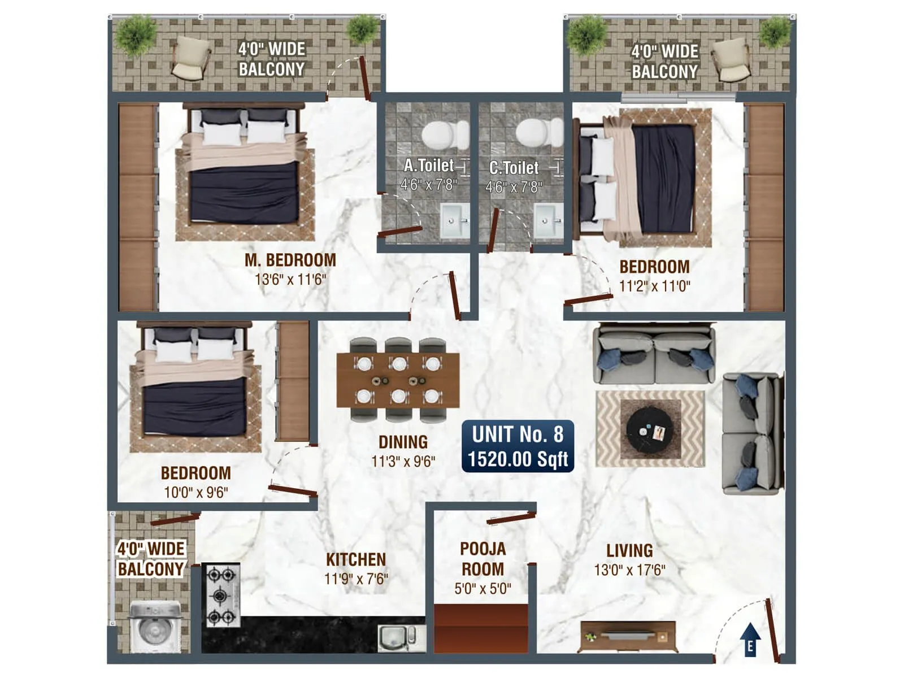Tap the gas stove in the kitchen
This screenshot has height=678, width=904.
pyautogui.click(x=220, y=596)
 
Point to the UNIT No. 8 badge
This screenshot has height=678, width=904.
pyautogui.click(x=518, y=446)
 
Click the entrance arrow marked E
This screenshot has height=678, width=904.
pyautogui.click(x=750, y=640)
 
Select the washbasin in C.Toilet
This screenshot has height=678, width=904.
pyautogui.click(x=548, y=221)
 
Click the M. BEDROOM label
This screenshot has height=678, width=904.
pyautogui.click(x=290, y=260)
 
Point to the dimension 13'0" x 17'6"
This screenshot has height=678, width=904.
pyautogui.click(x=629, y=570)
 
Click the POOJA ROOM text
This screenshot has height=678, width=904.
pyautogui.click(x=483, y=559)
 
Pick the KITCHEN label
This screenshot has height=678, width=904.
pyautogui.click(x=356, y=559)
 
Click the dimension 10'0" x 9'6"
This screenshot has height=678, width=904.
pyautogui.click(x=195, y=492)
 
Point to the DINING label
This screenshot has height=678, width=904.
pyautogui.click(x=403, y=442)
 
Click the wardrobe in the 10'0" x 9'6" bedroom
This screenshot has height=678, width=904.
pyautogui.click(x=293, y=381)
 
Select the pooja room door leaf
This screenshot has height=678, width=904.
pyautogui.click(x=511, y=517)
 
